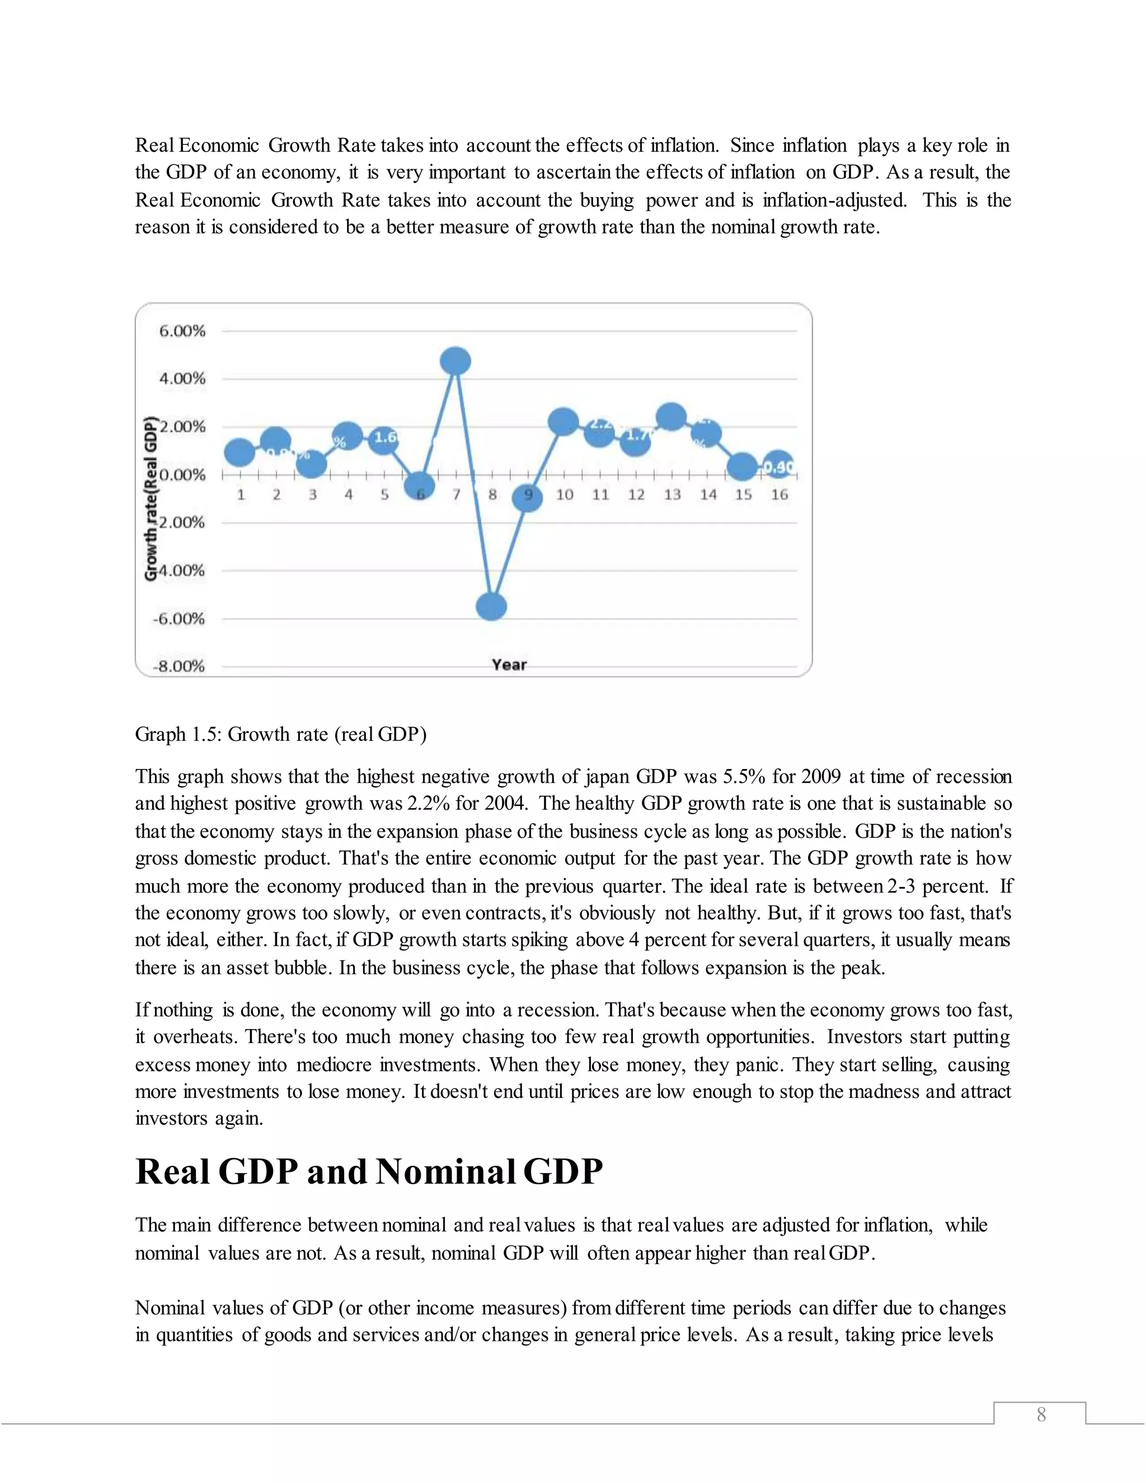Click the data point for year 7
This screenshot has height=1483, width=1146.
click(x=455, y=360)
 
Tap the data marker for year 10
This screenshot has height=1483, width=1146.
click(x=563, y=423)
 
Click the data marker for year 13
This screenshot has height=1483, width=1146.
click(x=671, y=416)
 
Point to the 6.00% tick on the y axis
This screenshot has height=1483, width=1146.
click(x=182, y=331)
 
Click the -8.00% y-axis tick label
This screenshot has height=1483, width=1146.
click(x=179, y=665)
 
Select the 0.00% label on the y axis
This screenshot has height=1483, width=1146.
click(x=182, y=475)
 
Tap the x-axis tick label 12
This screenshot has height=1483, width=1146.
click(x=636, y=495)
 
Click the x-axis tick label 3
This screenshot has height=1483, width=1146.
click(x=312, y=495)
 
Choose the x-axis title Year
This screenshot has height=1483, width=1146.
click(x=509, y=665)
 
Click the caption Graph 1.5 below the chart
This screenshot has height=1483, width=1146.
click(x=280, y=734)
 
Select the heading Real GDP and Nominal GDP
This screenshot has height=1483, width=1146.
click(x=369, y=1171)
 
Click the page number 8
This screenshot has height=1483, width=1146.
click(x=1041, y=1415)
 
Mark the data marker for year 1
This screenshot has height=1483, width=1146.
click(x=239, y=452)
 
